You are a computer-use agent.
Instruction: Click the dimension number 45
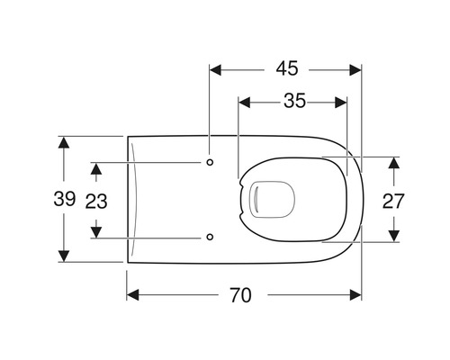[x=287, y=68]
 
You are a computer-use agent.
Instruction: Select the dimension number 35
[x=295, y=101]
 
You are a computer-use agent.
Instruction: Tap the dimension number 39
[x=65, y=199]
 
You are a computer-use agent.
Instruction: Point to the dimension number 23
[x=96, y=202]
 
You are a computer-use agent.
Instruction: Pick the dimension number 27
[x=393, y=202]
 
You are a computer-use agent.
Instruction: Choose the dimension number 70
[x=241, y=295]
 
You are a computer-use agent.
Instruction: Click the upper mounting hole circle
[x=210, y=162]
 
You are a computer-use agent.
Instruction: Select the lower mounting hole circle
[x=210, y=237]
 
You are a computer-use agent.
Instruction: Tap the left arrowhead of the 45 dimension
[x=215, y=70]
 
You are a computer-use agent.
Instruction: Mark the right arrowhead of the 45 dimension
[x=355, y=70]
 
